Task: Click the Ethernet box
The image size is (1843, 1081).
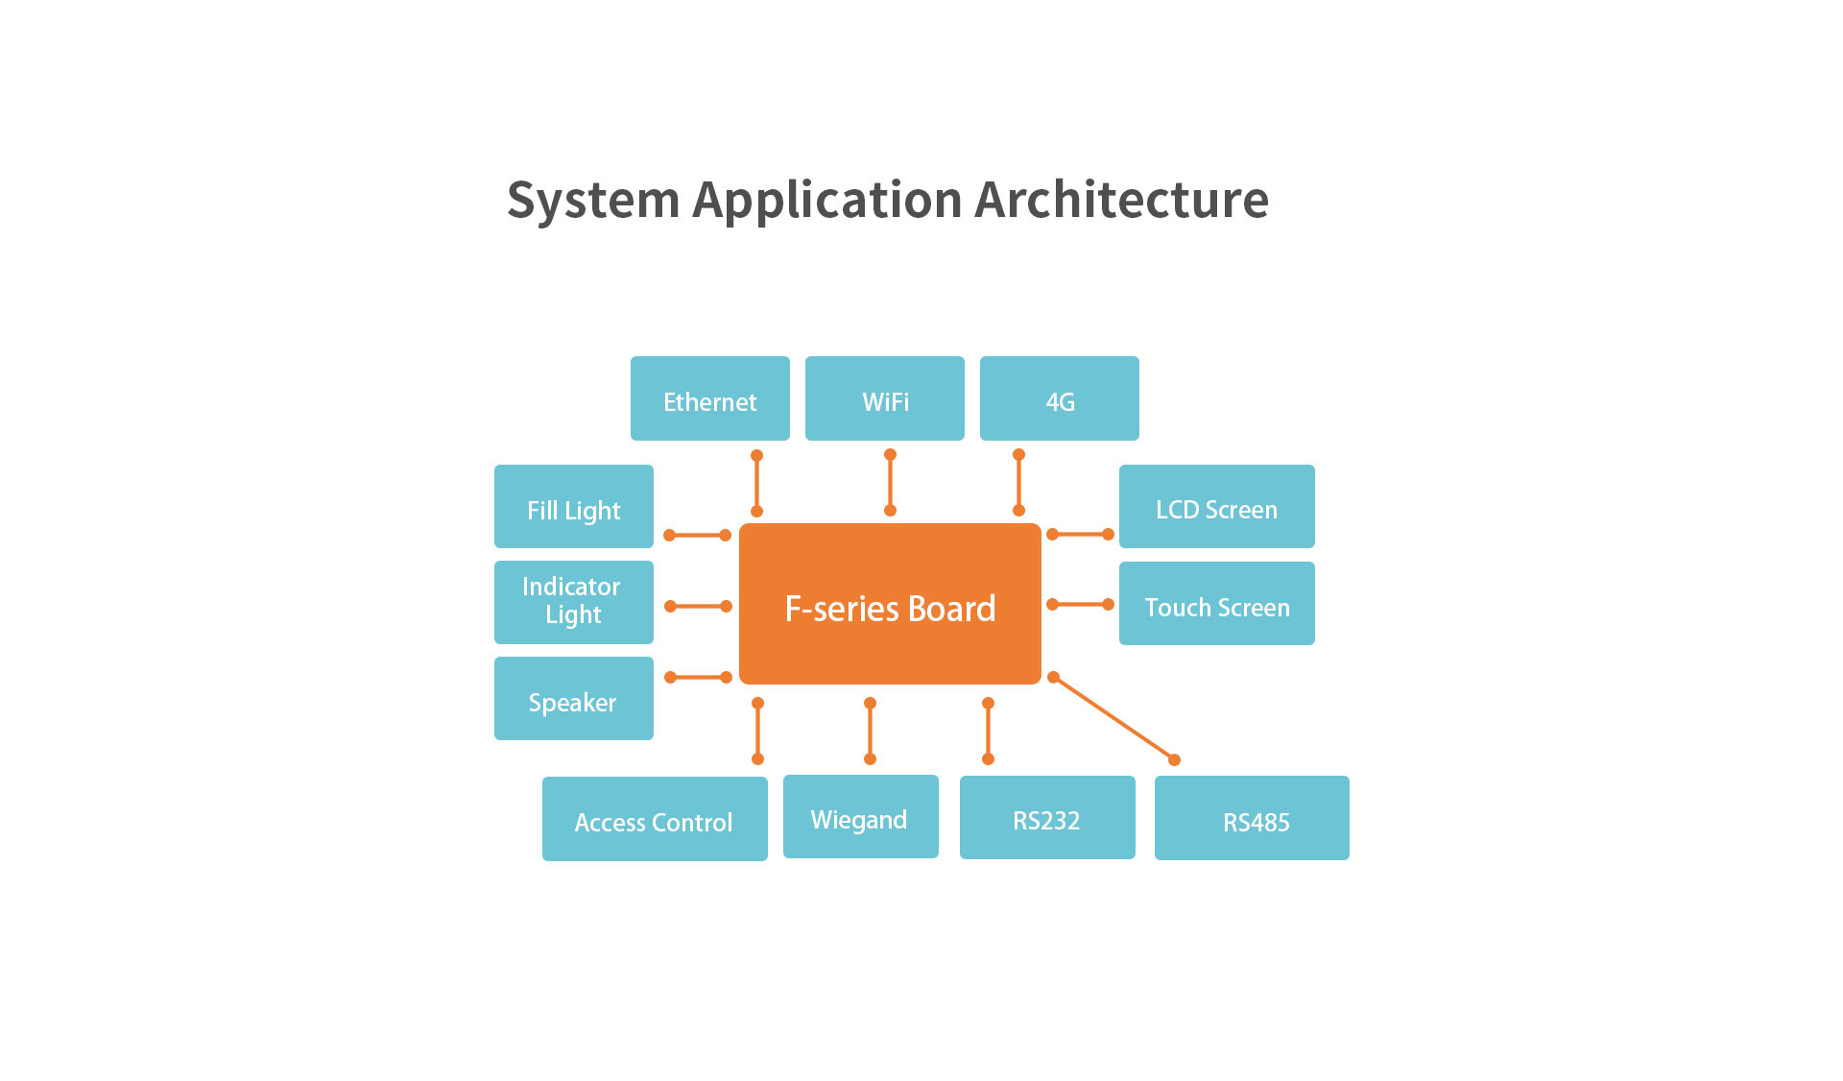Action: [x=709, y=398]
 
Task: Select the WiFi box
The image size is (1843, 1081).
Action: [x=884, y=398]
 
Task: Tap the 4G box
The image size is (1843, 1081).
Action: [x=1059, y=398]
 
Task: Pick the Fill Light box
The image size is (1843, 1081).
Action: [x=573, y=506]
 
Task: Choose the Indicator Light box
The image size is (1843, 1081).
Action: [x=573, y=602]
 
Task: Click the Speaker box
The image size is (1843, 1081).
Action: [x=573, y=698]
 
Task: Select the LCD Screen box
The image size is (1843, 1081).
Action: [x=1216, y=506]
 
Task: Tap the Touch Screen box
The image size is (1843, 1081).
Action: [x=1216, y=603]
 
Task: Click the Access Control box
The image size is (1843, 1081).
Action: [x=655, y=819]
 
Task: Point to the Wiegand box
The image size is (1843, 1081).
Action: [x=860, y=816]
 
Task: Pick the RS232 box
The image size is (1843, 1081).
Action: [x=1047, y=817]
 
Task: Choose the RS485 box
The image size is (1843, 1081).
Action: [x=1252, y=818]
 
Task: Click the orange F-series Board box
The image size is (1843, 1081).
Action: [x=890, y=604]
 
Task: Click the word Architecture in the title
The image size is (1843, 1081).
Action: [x=1121, y=200]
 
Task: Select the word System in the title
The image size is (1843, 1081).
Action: [x=593, y=200]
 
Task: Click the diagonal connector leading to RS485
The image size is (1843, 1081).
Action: [x=1113, y=718]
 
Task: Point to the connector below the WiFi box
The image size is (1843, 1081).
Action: [x=890, y=482]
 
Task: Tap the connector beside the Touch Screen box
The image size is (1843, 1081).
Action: [x=1080, y=604]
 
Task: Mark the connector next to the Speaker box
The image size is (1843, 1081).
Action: [x=698, y=677]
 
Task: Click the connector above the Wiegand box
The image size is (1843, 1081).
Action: [x=870, y=731]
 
